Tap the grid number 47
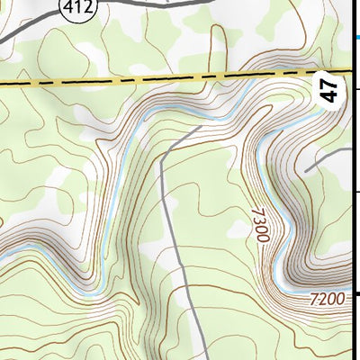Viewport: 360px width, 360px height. (331, 90)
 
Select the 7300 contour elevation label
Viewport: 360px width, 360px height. (259, 225)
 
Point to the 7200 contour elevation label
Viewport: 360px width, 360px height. (326, 298)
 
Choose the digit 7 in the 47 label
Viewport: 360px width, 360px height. (331, 85)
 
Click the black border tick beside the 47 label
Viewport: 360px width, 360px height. (358, 89)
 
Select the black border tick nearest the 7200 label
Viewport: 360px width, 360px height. (357, 293)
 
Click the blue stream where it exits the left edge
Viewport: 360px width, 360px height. (3, 256)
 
